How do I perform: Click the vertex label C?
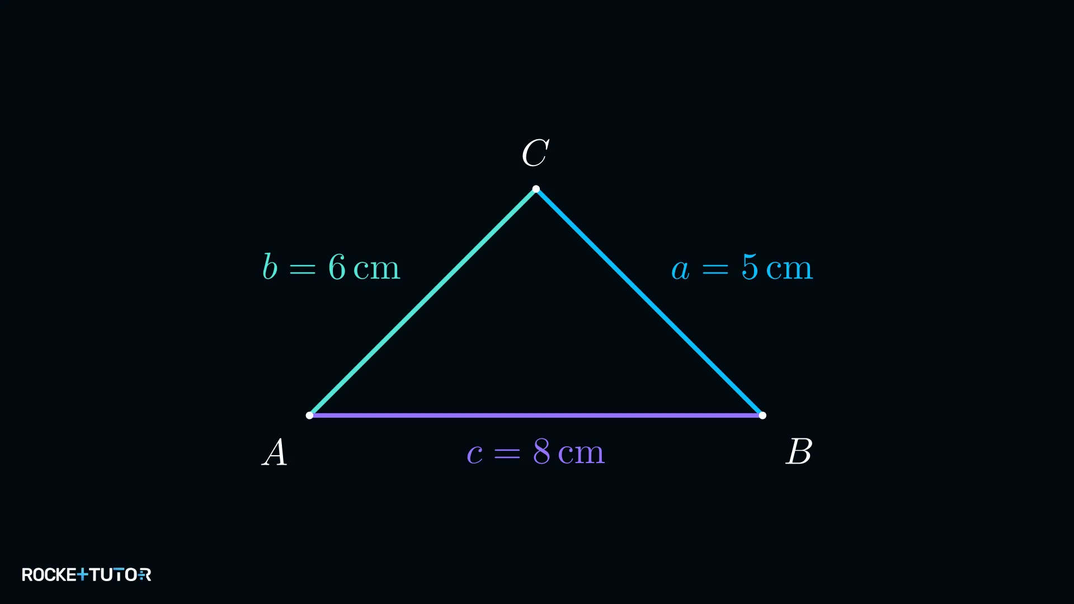(x=535, y=153)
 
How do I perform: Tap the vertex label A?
(x=275, y=452)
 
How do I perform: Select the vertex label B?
(x=799, y=451)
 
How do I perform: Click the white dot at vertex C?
(x=536, y=189)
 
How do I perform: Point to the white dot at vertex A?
(x=309, y=416)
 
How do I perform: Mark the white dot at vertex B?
(x=762, y=416)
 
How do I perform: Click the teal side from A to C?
(x=423, y=302)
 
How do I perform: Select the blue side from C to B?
(x=649, y=302)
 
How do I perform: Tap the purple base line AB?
(x=536, y=416)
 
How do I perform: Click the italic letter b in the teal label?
(x=270, y=267)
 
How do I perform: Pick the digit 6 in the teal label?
(x=337, y=267)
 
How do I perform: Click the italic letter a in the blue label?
(x=680, y=270)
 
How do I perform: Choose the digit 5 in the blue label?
(x=750, y=267)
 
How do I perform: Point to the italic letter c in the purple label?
(x=475, y=454)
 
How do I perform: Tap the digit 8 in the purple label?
(x=541, y=451)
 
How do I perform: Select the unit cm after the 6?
(x=377, y=270)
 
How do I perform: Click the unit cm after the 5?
(x=789, y=270)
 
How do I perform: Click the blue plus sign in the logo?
(x=83, y=574)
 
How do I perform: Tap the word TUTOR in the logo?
(x=120, y=575)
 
